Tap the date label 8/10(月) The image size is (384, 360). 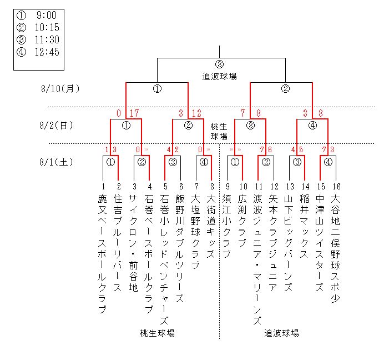tap(60, 88)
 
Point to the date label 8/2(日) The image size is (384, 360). tap(58, 125)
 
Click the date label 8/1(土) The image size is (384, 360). tap(58, 162)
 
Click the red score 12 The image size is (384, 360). tap(196, 113)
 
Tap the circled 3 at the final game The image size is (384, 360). tap(220, 64)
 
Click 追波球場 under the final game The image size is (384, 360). tap(220, 76)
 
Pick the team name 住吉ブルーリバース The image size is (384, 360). tap(118, 243)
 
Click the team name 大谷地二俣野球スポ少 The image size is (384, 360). tap(335, 248)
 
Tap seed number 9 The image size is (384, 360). tap(227, 187)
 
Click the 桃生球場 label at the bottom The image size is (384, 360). tap(157, 333)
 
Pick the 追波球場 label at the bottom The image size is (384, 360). tap(281, 333)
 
